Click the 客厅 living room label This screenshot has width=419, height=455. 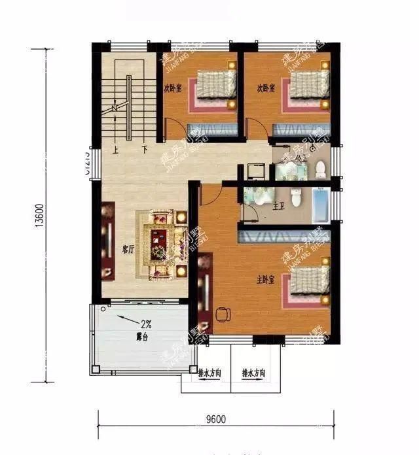click(128, 248)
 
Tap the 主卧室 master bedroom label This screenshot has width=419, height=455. click(264, 280)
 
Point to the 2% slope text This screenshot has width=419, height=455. click(147, 324)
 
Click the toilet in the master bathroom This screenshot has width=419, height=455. click(297, 197)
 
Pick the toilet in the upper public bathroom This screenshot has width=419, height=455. click(320, 169)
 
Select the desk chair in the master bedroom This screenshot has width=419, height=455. click(222, 314)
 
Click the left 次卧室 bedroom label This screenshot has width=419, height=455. click(173, 88)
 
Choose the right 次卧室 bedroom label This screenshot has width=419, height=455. click(265, 88)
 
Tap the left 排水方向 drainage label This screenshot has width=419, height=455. click(209, 373)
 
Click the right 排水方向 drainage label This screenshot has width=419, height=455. click(253, 373)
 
